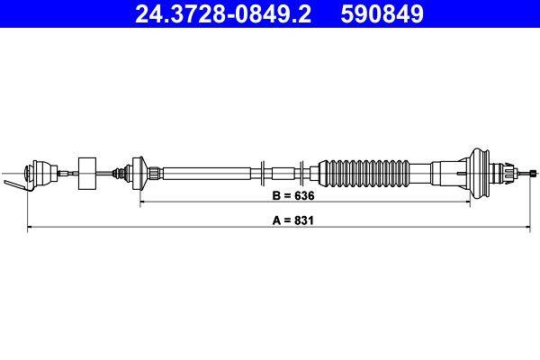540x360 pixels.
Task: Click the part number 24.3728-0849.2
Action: coord(223,13)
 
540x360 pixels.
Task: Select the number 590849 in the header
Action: coord(382,13)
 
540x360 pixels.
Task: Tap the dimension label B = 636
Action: coord(293,195)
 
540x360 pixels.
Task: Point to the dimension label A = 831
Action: coord(293,220)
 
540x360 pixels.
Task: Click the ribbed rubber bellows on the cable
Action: coord(364,174)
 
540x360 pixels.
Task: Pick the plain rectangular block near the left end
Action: coord(87,174)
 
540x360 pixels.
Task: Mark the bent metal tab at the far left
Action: coord(16,185)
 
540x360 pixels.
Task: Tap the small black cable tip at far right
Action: coord(534,174)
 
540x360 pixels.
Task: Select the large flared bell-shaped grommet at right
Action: coord(479,174)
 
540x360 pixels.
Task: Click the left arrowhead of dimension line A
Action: coord(30,227)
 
